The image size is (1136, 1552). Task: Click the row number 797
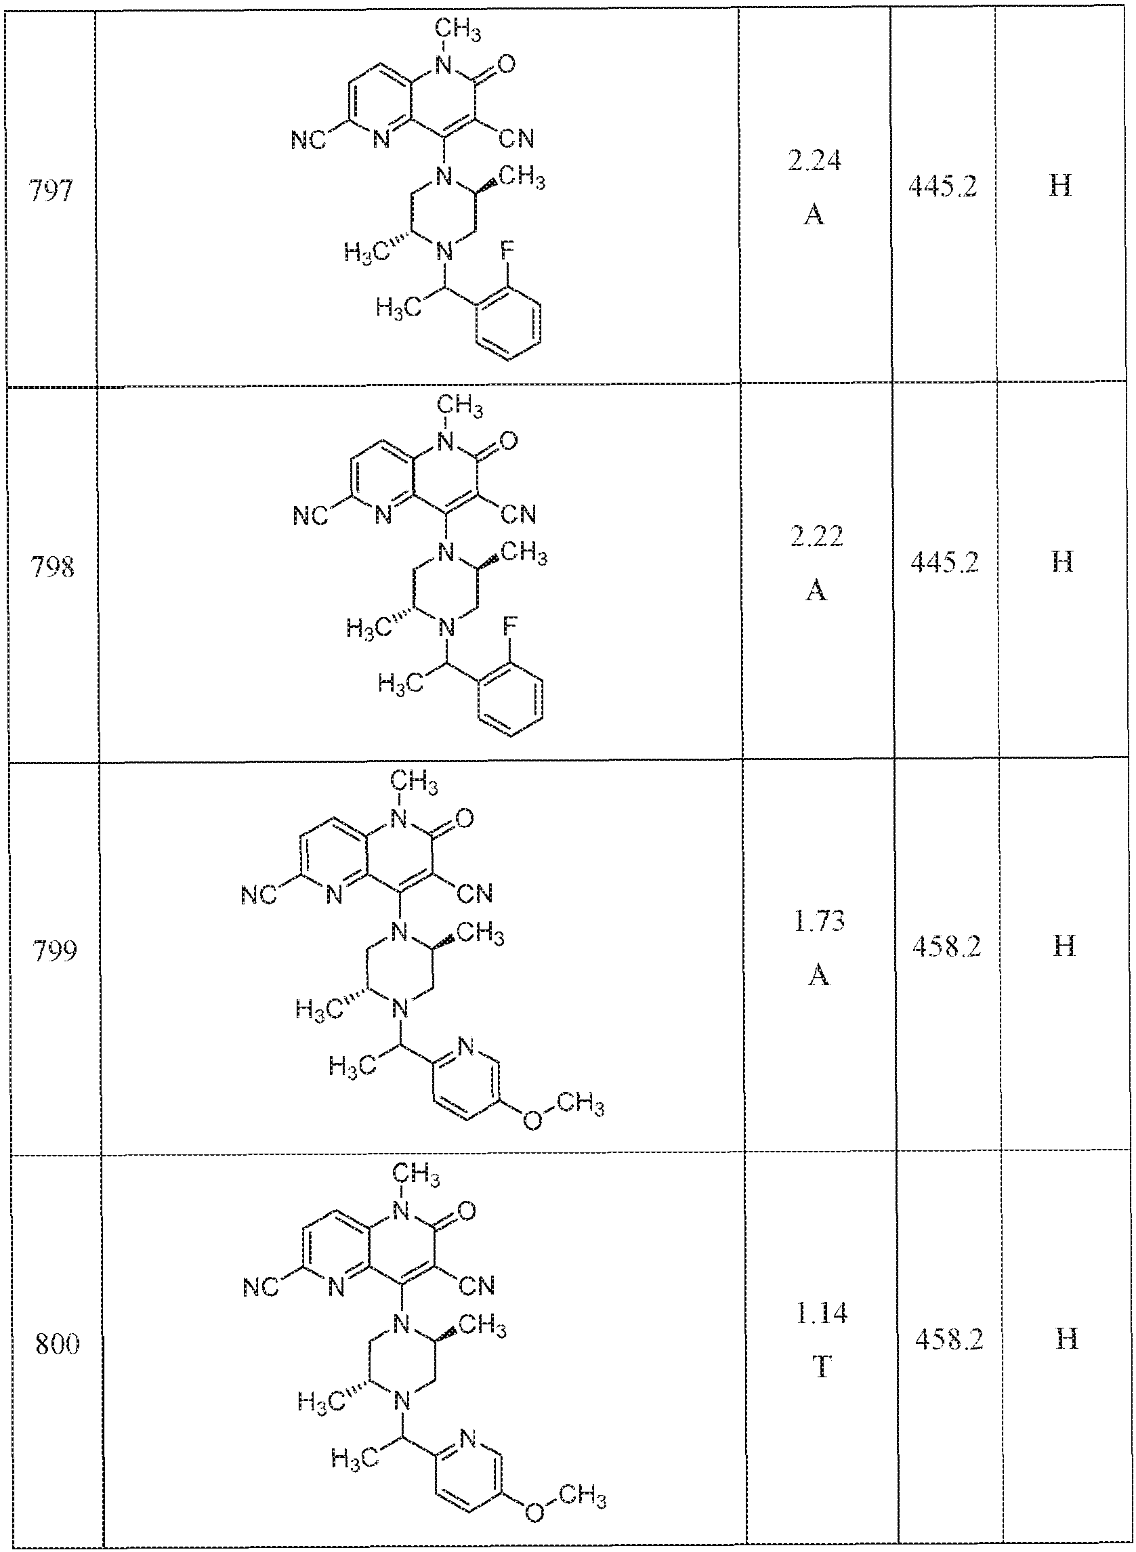51,192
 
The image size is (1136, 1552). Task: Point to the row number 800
56,1344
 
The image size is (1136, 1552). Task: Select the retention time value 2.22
816,537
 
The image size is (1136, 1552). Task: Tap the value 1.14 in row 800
821,1314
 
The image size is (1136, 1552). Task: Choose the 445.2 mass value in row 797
943,187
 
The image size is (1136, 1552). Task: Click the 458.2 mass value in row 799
946,947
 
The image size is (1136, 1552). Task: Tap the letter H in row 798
1063,562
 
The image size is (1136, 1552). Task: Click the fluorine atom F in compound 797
507,250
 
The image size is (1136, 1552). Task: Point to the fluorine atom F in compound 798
509,627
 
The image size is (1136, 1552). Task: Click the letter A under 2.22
816,589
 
